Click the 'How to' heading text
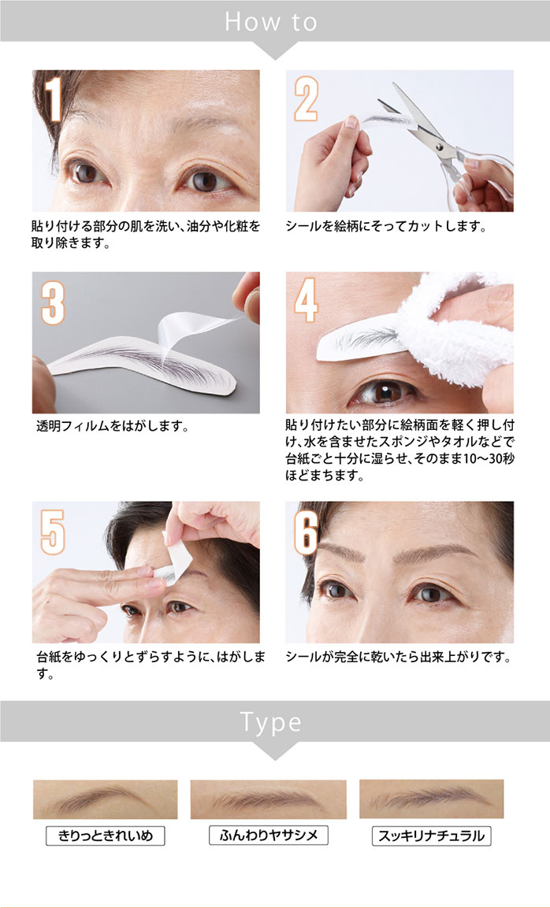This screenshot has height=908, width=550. (x=271, y=22)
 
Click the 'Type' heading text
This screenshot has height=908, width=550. (x=270, y=722)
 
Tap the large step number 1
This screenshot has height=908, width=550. (x=54, y=99)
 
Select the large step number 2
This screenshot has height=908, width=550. (x=307, y=98)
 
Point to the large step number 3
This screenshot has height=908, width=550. (x=53, y=302)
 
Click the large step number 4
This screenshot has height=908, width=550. (x=306, y=300)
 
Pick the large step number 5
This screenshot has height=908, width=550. (x=53, y=532)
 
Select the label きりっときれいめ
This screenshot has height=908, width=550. (x=106, y=836)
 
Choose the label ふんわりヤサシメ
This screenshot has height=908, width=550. (x=269, y=835)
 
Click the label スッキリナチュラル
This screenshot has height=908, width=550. (x=431, y=836)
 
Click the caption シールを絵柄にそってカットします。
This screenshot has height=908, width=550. (x=385, y=227)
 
